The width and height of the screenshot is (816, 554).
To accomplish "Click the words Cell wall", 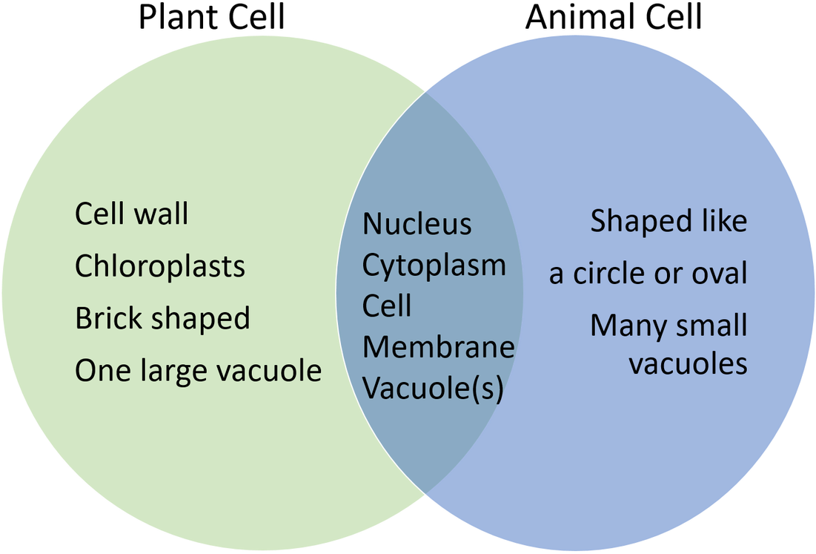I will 132,214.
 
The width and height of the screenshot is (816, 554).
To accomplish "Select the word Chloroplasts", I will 160,267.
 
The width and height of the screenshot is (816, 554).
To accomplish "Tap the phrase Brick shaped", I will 162,319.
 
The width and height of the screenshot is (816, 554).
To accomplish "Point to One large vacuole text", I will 198,370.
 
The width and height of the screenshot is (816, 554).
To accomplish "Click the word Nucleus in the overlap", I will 417,224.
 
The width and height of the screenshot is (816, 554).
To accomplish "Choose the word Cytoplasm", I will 434,266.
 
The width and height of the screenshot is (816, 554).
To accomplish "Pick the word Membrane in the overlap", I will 439,346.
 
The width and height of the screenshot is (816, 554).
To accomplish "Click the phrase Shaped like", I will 669,222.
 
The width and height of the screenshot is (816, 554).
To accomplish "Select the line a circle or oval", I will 648,274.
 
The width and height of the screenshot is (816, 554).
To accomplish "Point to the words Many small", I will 669,326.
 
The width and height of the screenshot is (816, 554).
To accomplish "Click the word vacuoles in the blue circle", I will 688,364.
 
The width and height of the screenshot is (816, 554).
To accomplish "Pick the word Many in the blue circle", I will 625,326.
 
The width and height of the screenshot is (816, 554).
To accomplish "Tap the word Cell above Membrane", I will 386,306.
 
